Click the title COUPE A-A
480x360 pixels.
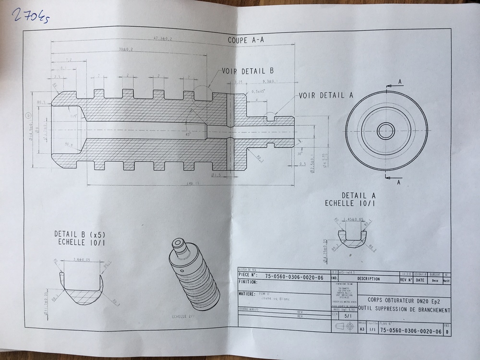(x=246, y=41)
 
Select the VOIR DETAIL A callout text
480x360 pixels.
(x=325, y=95)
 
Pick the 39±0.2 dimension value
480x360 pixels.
(x=126, y=49)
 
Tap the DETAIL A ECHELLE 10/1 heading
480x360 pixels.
(x=351, y=199)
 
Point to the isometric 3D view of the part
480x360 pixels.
(x=193, y=274)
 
